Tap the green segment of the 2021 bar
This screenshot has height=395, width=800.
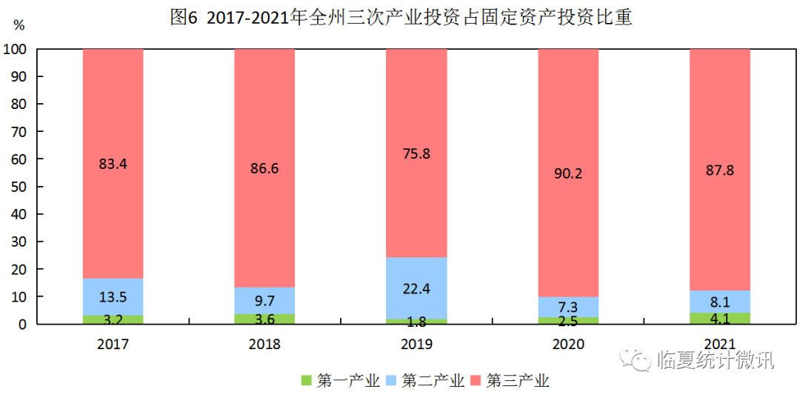tap(719, 318)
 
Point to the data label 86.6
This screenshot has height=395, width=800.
tap(264, 168)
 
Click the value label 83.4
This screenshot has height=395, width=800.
tap(113, 164)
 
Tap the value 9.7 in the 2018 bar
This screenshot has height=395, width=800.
tap(264, 301)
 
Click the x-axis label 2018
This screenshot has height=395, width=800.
tap(264, 344)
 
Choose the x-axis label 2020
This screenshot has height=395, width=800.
tap(567, 344)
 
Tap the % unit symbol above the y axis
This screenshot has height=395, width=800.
tap(19, 25)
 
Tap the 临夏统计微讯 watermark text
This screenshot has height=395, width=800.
tap(715, 360)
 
